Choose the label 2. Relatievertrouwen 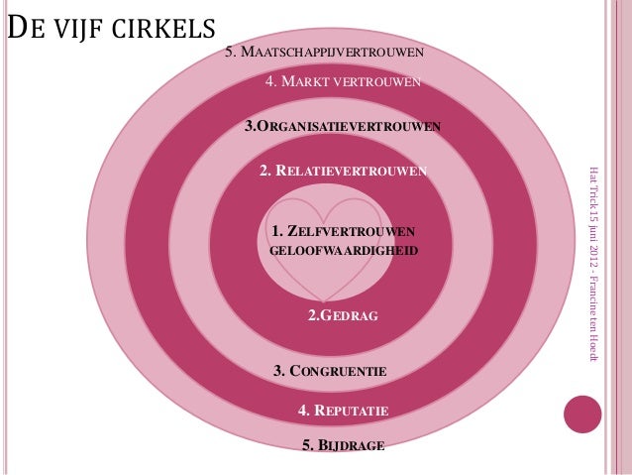pos(344,171)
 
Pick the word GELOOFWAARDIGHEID pos(344,253)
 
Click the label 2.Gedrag pos(343,316)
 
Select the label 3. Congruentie pos(329,371)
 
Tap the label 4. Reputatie pos(343,409)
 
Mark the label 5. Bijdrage pos(343,445)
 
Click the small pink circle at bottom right pos(582,415)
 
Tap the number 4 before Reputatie pos(302,409)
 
